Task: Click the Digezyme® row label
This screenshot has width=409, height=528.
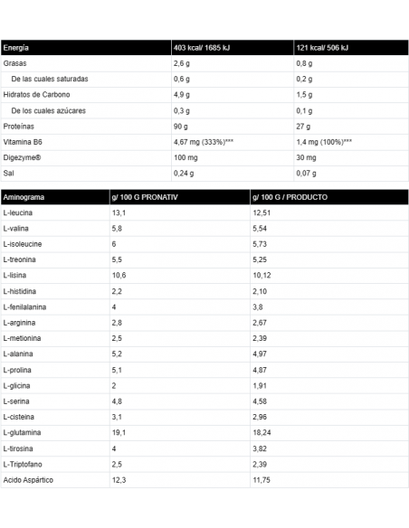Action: coord(23,157)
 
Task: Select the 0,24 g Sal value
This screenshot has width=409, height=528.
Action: coord(184,173)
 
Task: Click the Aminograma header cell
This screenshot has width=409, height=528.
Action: coord(24,197)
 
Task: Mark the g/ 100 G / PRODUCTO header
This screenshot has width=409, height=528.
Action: coord(290,197)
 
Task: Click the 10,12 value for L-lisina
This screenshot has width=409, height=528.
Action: coord(262,276)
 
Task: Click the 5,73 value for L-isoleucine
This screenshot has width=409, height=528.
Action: coord(261,244)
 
